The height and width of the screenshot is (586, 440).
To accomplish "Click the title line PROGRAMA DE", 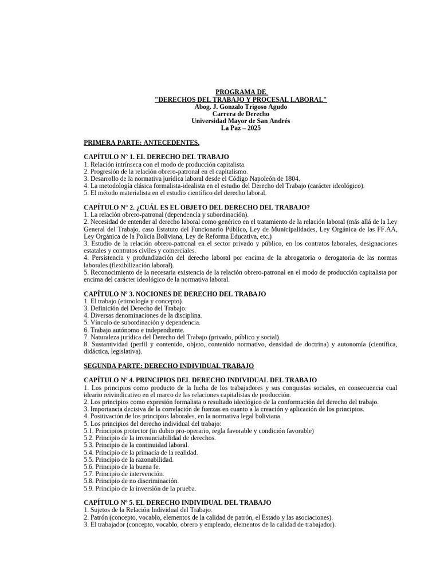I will (x=241, y=92).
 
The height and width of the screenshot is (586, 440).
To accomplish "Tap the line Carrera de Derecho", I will (x=241, y=114).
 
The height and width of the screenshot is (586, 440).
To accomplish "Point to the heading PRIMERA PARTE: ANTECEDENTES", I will (x=142, y=142).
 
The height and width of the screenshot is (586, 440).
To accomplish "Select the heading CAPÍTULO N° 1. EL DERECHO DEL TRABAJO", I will (x=156, y=157).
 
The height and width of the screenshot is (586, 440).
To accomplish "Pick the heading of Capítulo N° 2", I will (x=197, y=207).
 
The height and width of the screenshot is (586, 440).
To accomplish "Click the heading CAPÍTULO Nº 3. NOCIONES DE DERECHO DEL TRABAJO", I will (x=175, y=294).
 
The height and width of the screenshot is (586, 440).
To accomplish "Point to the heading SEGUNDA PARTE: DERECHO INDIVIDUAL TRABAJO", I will (x=168, y=366).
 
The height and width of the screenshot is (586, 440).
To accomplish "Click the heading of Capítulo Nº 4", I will (x=200, y=380).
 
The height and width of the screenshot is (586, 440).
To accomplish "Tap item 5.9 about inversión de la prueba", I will (x=140, y=489).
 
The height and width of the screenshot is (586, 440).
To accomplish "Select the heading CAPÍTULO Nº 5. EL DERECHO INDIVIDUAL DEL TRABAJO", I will (x=178, y=502).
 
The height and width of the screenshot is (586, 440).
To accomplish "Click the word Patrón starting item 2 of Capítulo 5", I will (x=98, y=517).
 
